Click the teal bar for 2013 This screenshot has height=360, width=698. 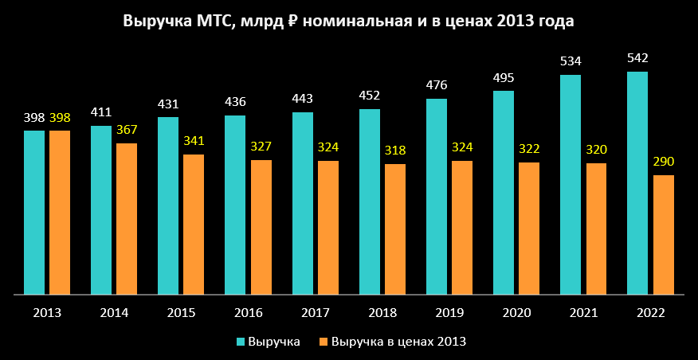(x=34, y=213)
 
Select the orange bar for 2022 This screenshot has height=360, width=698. (x=664, y=235)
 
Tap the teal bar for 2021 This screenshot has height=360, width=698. (x=571, y=185)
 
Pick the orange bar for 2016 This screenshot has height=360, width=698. (x=261, y=227)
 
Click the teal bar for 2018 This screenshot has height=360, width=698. (x=370, y=202)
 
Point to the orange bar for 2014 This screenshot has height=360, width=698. (x=127, y=219)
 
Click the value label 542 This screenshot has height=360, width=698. (x=637, y=58)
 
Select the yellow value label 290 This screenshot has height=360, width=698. (x=664, y=162)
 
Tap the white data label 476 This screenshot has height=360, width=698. (x=437, y=85)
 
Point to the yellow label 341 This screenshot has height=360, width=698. (x=194, y=141)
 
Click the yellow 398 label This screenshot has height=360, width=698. (x=60, y=118)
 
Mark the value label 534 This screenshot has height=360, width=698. (x=571, y=61)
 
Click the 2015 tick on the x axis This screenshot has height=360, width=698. (x=182, y=312)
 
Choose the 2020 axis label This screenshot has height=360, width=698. (x=516, y=312)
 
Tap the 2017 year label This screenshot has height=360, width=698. (x=316, y=312)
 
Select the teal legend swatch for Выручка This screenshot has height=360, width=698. (x=241, y=342)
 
